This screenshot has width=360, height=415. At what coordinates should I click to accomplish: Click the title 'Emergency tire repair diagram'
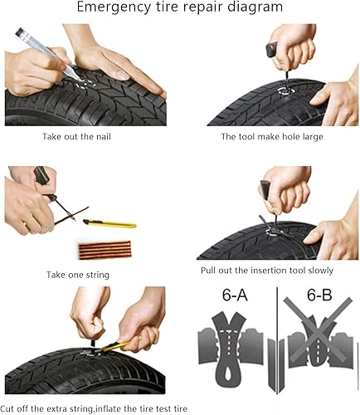(179, 8)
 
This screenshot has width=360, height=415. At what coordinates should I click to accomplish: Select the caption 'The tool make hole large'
(272, 135)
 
